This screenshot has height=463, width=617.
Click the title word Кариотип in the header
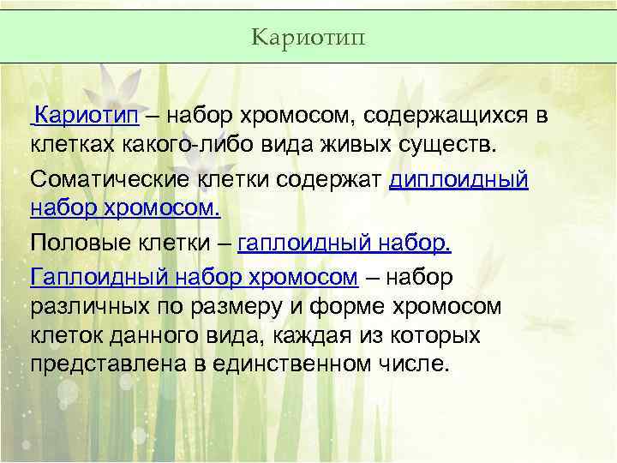(x=308, y=37)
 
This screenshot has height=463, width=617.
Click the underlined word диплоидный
(x=458, y=180)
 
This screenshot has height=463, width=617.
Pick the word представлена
(x=107, y=364)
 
